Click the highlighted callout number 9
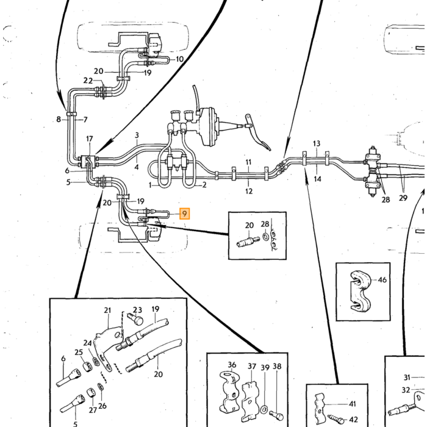click(x=184, y=213)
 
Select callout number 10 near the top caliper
click(x=180, y=59)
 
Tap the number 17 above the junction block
click(x=90, y=139)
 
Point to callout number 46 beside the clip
click(x=382, y=280)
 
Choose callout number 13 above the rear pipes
click(x=317, y=143)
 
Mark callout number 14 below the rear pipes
click(x=318, y=179)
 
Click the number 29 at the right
click(x=403, y=198)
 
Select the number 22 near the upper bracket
click(x=88, y=81)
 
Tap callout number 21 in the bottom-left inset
click(x=107, y=310)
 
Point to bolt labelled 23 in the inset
click(x=136, y=320)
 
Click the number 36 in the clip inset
click(x=232, y=365)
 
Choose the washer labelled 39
click(x=264, y=409)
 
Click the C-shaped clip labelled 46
click(x=359, y=292)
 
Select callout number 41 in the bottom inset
click(x=353, y=404)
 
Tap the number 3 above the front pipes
click(x=137, y=135)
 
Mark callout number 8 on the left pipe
click(x=59, y=120)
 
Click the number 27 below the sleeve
click(x=93, y=410)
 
